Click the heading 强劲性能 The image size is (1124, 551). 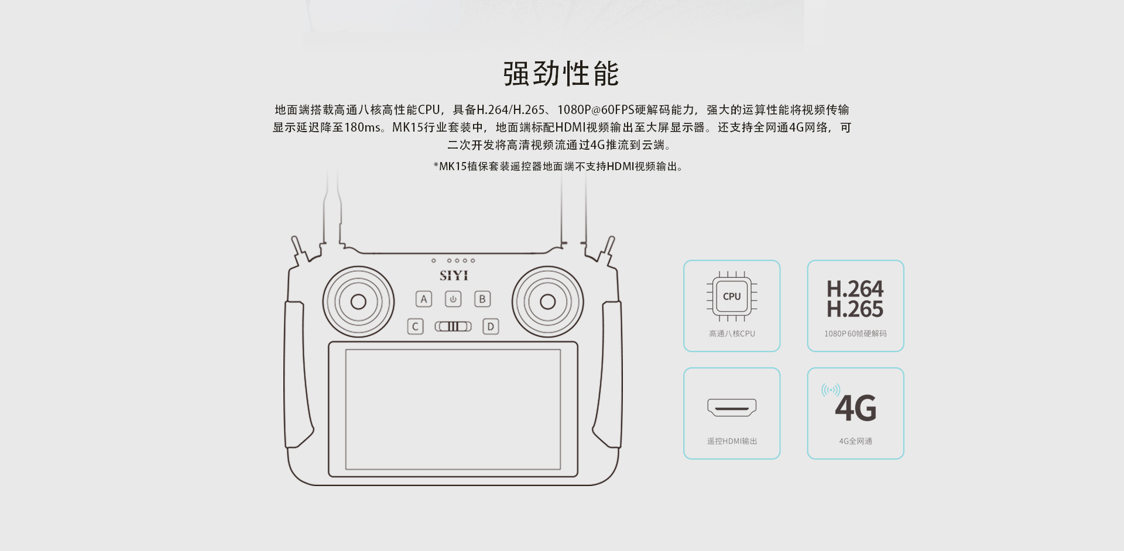[x=561, y=74]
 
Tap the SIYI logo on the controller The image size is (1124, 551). [x=454, y=275]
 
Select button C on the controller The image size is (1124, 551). [x=415, y=326]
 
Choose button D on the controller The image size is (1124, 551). [x=491, y=326]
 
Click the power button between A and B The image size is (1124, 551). [x=453, y=299]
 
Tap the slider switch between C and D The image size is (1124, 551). [x=453, y=326]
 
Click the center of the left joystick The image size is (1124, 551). [x=358, y=302]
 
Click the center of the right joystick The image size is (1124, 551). [x=548, y=302]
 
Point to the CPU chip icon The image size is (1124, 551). [x=732, y=297]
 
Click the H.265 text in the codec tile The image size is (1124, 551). [x=855, y=309]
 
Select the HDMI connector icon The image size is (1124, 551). [x=732, y=408]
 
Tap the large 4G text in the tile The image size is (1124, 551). [x=856, y=408]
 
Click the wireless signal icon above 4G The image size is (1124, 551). [x=831, y=390]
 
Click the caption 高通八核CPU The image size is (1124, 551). [x=732, y=334]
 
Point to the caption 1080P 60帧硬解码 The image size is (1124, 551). [x=855, y=334]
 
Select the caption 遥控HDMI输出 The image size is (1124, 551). [x=732, y=442]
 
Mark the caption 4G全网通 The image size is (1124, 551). [x=856, y=442]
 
